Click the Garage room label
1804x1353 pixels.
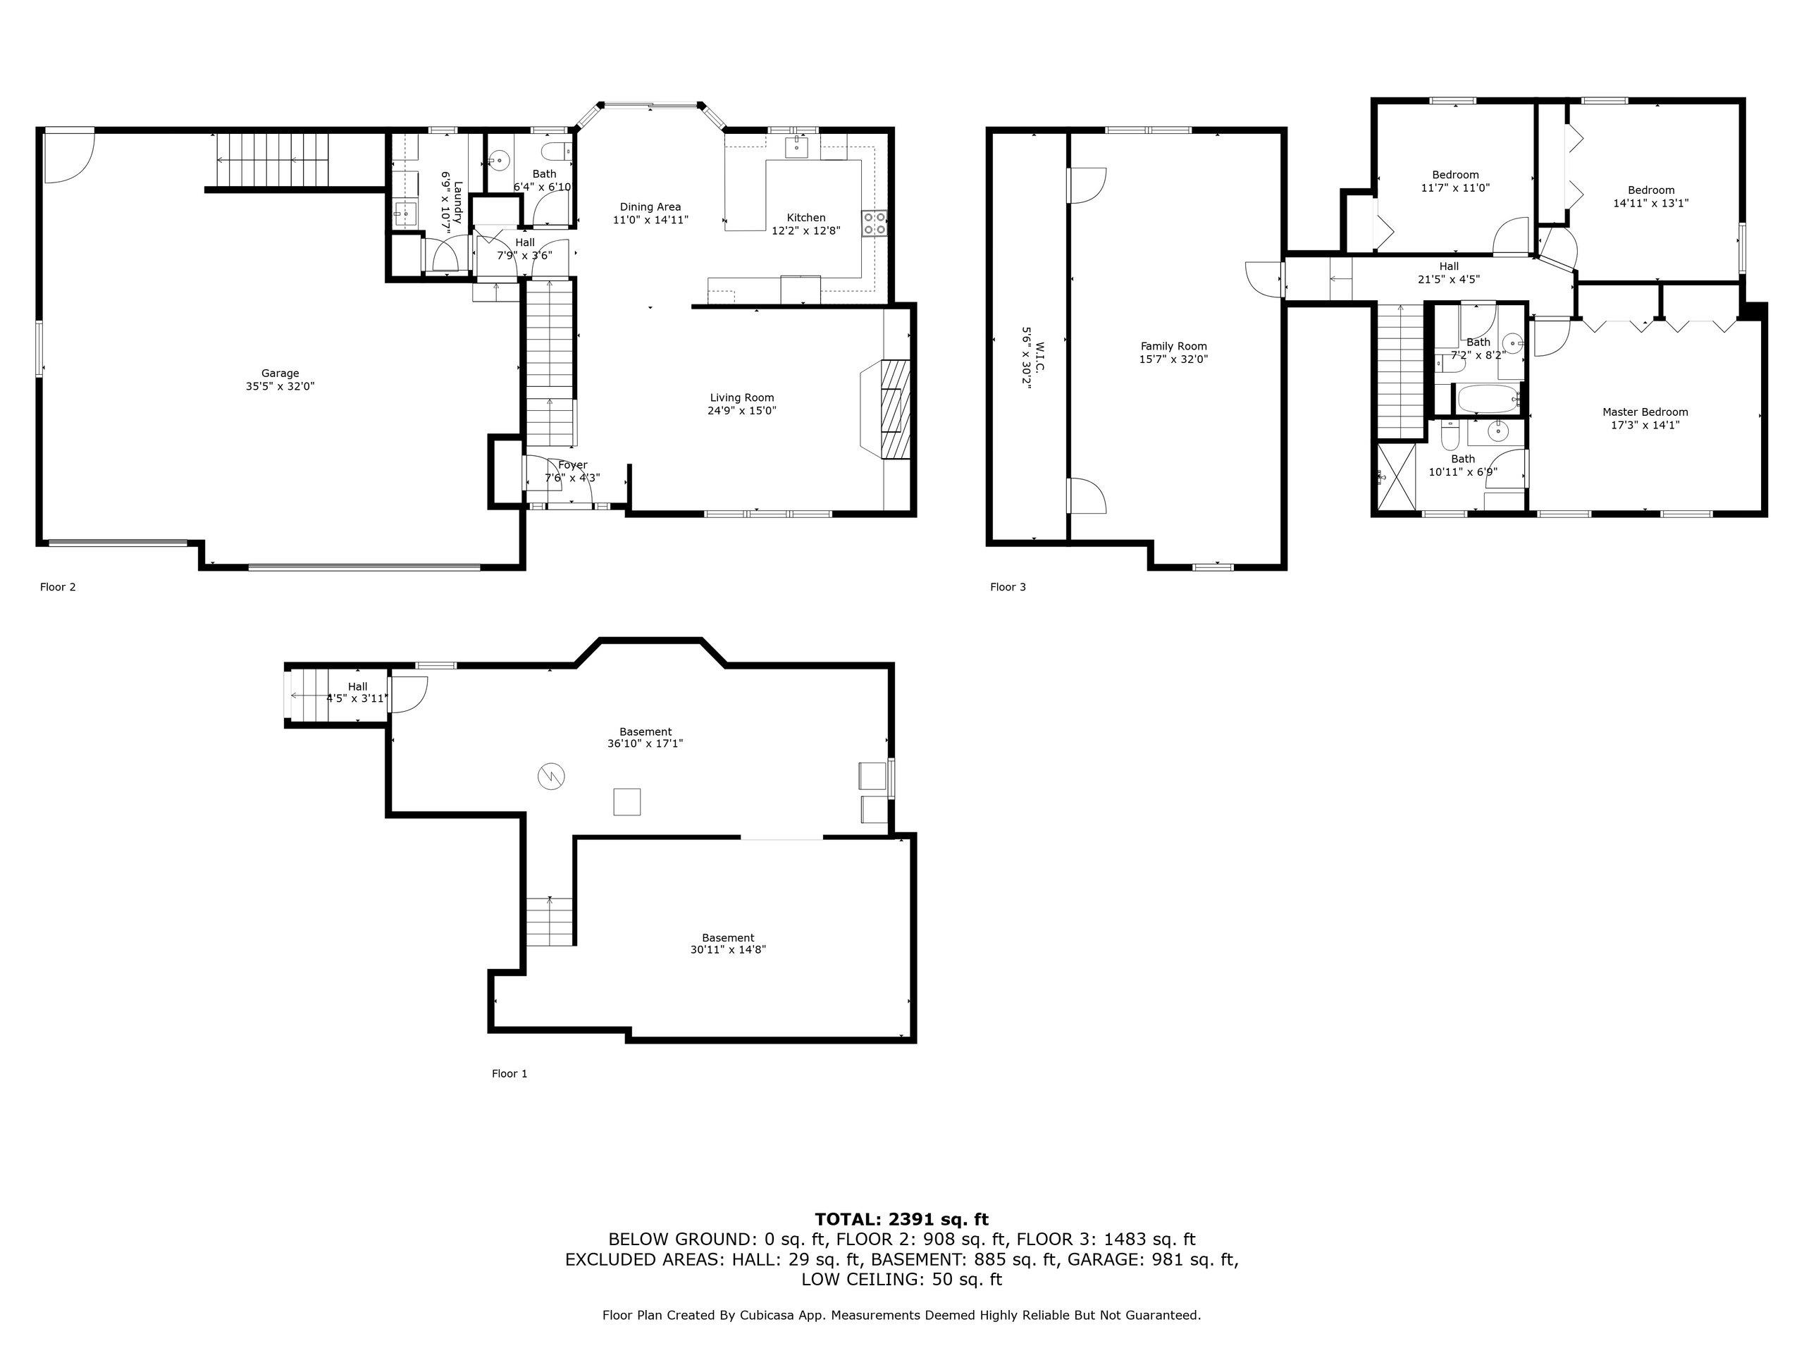point(280,373)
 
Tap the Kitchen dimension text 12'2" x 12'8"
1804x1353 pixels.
point(805,231)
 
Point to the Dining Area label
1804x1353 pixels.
point(650,207)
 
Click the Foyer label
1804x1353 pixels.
point(572,465)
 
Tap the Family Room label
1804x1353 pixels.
point(1173,347)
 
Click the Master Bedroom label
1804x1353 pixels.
point(1645,412)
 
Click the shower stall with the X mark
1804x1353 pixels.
point(1397,476)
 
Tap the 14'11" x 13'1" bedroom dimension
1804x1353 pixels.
point(1650,203)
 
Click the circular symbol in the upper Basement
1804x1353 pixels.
point(550,776)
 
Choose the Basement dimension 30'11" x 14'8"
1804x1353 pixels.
point(727,949)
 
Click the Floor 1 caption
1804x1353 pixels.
point(509,1073)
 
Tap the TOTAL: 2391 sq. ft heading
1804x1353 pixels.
point(901,1219)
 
